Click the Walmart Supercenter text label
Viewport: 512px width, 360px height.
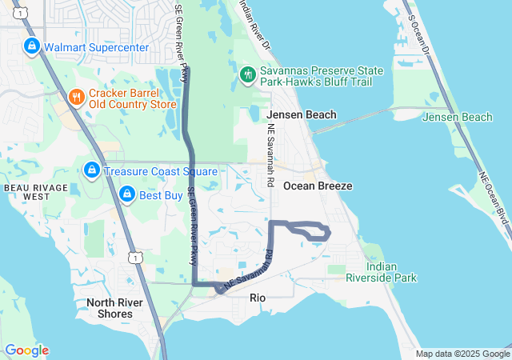pyautogui.click(x=96, y=47)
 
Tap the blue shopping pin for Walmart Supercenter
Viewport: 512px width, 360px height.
pyautogui.click(x=32, y=46)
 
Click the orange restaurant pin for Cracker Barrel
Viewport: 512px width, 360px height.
pyautogui.click(x=77, y=97)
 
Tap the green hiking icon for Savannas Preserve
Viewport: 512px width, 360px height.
pyautogui.click(x=248, y=75)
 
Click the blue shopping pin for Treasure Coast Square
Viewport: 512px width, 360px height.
pyautogui.click(x=92, y=170)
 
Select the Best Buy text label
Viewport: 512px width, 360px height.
pyautogui.click(x=162, y=195)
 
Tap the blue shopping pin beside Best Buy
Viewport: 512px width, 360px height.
pyautogui.click(x=127, y=194)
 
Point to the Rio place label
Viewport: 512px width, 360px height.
pyautogui.click(x=258, y=298)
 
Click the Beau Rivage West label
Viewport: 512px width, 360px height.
pyautogui.click(x=33, y=191)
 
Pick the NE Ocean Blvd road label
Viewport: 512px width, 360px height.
pyautogui.click(x=494, y=197)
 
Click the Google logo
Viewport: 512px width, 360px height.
pyautogui.click(x=26, y=350)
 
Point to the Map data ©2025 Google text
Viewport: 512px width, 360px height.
pyautogui.click(x=462, y=354)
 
